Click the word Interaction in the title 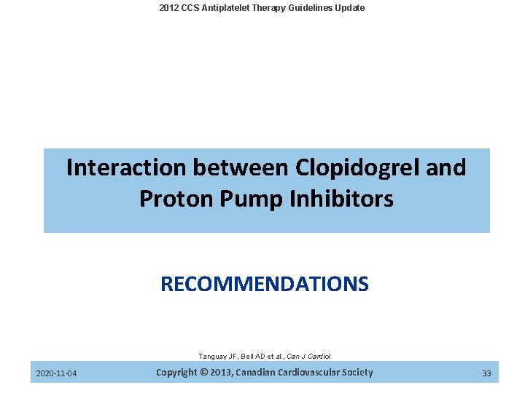click(126, 167)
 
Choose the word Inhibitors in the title click(341, 199)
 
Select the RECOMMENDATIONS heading click(264, 284)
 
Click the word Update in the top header click(349, 8)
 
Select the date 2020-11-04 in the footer click(57, 374)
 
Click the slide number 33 click(486, 374)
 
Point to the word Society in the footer click(357, 373)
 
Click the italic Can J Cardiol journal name click(310, 357)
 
